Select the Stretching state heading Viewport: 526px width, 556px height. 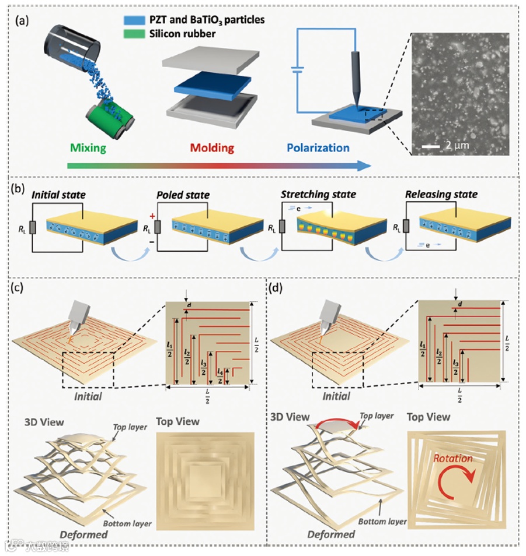pos(319,193)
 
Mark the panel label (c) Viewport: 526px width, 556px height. pos(20,288)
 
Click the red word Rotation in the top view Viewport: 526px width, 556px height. pos(453,458)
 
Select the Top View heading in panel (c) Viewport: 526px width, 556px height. pos(177,421)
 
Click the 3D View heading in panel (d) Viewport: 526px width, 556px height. pos(292,417)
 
